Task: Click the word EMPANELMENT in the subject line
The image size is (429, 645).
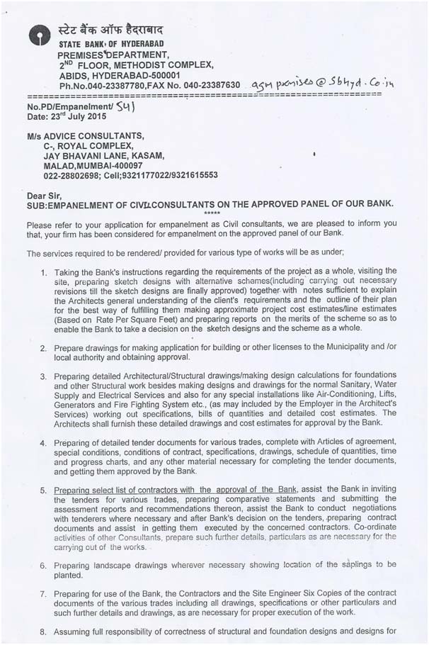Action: [81, 204]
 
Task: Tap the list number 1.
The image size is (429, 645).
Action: [45, 271]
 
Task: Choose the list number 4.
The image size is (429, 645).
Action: [44, 443]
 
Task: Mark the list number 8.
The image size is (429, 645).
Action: [44, 631]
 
